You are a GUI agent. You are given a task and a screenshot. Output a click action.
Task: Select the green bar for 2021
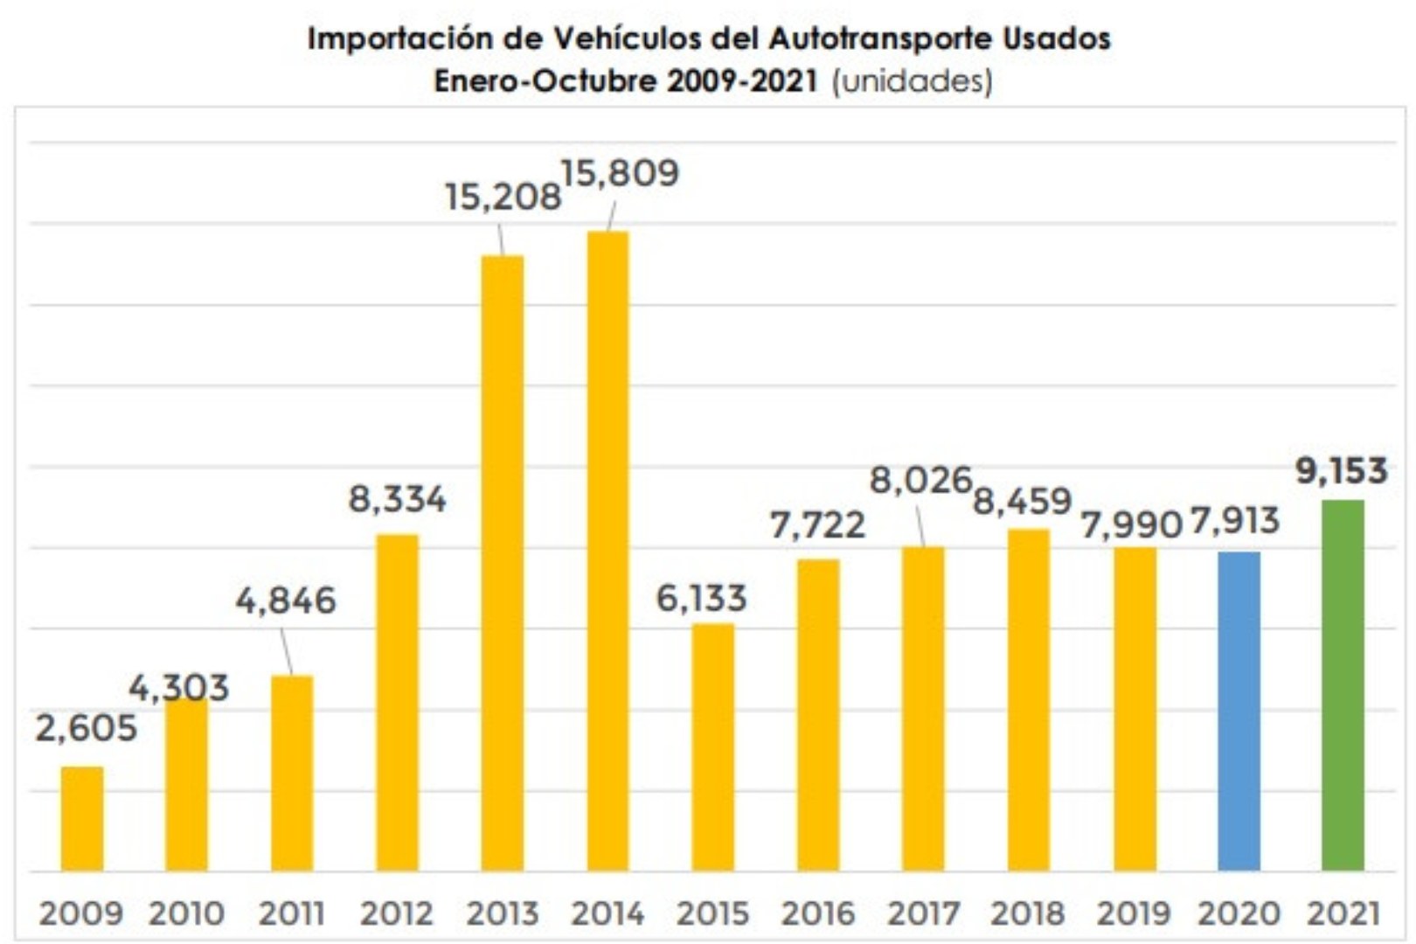1343,685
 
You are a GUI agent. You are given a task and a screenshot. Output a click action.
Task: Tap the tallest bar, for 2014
607,551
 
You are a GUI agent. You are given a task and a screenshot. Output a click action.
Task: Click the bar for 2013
503,563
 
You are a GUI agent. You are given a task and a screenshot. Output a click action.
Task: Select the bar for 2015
712,746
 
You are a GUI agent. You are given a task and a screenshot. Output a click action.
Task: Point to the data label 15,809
620,173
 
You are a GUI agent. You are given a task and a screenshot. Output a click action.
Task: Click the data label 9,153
1341,471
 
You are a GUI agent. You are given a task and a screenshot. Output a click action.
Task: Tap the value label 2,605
86,728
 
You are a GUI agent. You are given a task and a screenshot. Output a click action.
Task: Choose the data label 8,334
397,499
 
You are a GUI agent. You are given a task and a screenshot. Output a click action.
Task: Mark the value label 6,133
701,599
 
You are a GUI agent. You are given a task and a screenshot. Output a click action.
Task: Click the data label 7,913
1235,521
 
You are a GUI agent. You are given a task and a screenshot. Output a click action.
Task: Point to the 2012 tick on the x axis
397,913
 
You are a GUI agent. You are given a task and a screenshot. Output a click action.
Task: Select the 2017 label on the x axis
923,913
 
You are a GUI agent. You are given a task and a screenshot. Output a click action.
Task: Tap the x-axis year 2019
1134,913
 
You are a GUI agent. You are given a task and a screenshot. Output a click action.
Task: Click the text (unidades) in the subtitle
912,81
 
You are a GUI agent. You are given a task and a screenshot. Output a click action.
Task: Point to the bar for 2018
1028,699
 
